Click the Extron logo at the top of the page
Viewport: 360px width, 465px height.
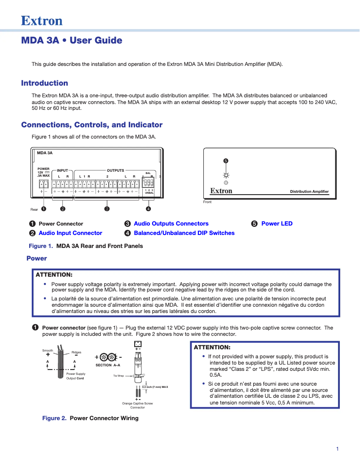[x=42, y=21]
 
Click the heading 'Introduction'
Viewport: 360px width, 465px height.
[x=44, y=83]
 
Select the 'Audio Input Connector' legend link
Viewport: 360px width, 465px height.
[x=70, y=233]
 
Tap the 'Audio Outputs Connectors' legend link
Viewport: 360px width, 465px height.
[x=171, y=224]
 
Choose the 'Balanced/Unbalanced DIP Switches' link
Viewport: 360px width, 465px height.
[x=184, y=233]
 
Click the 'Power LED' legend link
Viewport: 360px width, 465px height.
[x=277, y=224]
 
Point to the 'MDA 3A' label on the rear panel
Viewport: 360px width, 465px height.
[x=44, y=153]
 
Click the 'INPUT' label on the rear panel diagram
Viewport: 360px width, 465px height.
[x=62, y=170]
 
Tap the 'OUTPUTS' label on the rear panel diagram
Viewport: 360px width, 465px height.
[x=115, y=170]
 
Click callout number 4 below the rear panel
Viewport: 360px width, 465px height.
[x=148, y=209]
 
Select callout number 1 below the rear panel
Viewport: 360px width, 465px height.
[x=43, y=209]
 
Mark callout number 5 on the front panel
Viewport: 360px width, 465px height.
[x=226, y=161]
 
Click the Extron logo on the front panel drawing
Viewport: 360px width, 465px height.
[x=221, y=191]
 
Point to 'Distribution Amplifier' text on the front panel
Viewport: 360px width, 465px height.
[x=309, y=192]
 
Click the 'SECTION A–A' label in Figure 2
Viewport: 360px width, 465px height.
[x=108, y=365]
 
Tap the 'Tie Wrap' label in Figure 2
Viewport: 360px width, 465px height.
[x=118, y=376]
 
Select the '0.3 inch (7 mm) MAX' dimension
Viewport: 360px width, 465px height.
[x=155, y=387]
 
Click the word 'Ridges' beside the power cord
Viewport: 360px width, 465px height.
[x=76, y=352]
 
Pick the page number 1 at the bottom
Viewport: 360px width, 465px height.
[x=337, y=449]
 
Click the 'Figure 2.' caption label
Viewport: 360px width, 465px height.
[x=54, y=418]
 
